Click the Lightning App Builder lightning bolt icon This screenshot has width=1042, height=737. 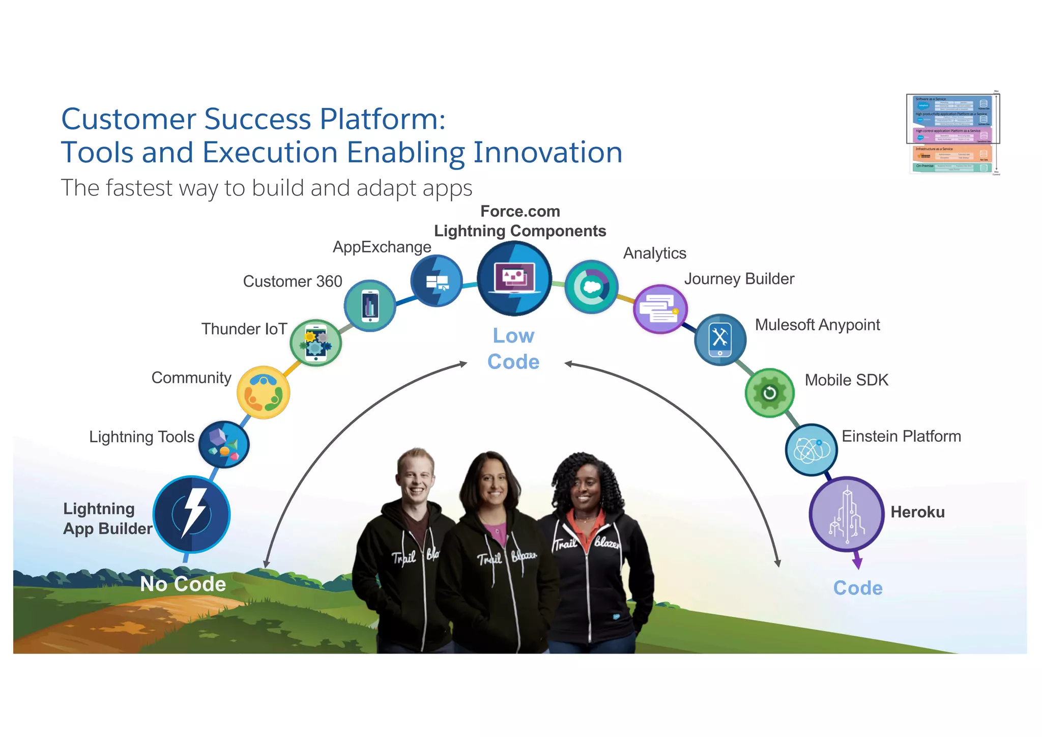pos(192,514)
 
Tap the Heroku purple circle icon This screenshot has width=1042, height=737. pos(846,514)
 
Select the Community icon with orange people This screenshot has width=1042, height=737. pos(264,392)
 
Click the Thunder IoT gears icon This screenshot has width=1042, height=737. pos(316,343)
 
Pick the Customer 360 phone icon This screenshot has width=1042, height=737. pos(370,305)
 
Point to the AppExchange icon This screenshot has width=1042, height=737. pos(437,280)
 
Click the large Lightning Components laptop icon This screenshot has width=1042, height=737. pos(514,279)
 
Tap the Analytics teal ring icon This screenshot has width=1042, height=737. pos(591,287)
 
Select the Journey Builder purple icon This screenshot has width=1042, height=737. pos(660,309)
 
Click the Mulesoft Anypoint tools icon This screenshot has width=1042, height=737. pos(720,339)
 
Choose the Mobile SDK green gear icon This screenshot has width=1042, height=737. pos(769,392)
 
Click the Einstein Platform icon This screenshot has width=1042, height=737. pos(811,449)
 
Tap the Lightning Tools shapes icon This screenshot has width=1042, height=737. pos(224,444)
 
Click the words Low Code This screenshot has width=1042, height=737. pos(513,349)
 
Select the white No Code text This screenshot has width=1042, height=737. pos(183,584)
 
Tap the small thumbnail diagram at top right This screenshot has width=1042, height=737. pos(953,133)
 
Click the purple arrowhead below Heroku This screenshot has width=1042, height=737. pos(857,562)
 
